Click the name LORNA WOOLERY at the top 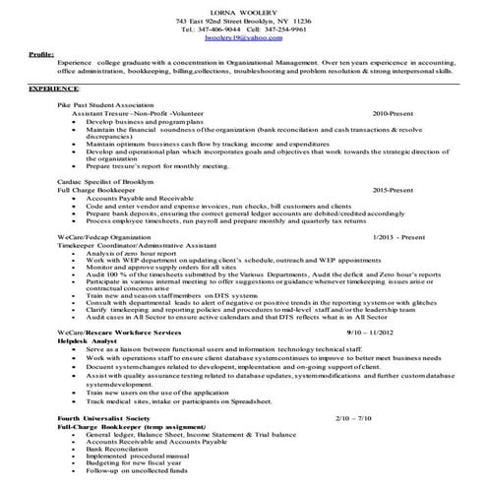pos(242,9)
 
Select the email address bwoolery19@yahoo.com pos(242,38)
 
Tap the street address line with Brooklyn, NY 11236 pos(242,20)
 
